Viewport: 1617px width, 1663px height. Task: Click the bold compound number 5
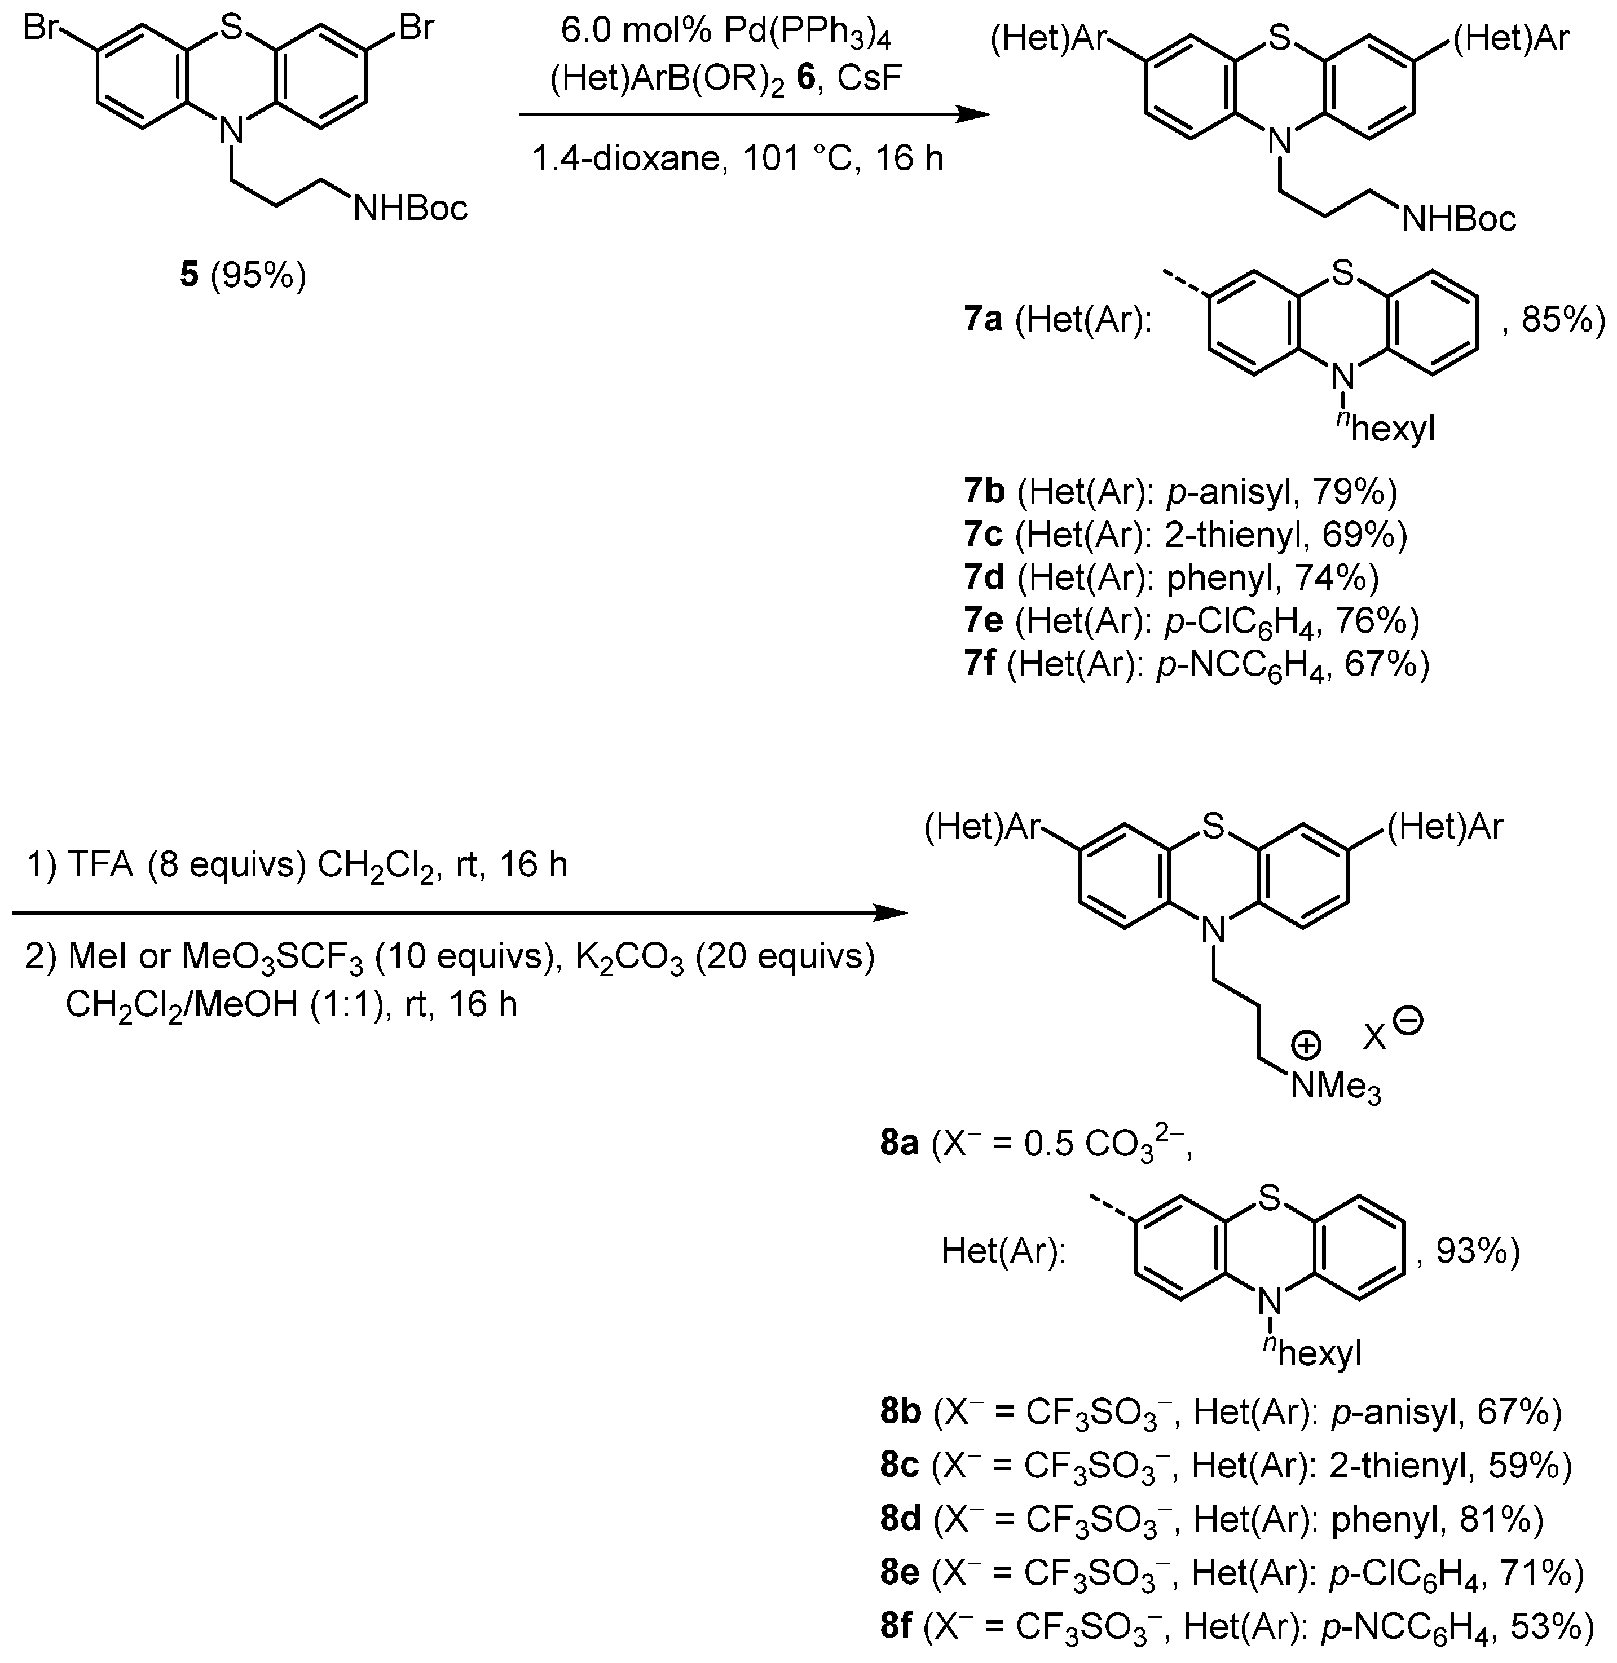tap(188, 276)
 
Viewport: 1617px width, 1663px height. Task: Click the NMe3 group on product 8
tap(1335, 1087)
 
